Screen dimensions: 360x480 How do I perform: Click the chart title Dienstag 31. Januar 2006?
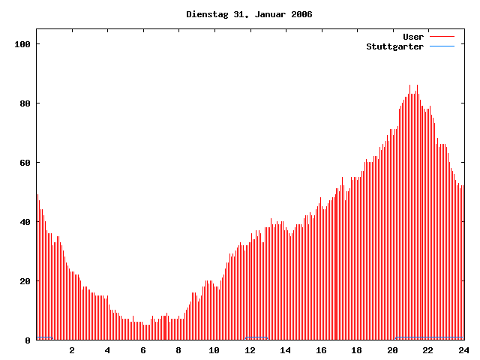click(x=249, y=14)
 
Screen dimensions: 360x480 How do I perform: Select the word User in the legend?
click(x=413, y=37)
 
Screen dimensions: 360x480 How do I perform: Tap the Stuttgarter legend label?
click(x=394, y=46)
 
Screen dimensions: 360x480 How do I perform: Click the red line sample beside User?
click(x=442, y=37)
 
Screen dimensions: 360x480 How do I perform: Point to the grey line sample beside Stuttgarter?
click(x=442, y=46)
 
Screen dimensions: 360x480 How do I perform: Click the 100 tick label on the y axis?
click(x=22, y=44)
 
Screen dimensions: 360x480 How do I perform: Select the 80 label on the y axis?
click(x=24, y=103)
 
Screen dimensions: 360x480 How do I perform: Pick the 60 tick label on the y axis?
click(x=24, y=163)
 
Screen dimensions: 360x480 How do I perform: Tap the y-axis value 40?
click(x=24, y=222)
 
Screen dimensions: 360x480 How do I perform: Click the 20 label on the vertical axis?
click(x=24, y=281)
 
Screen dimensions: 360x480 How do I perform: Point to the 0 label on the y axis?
click(x=27, y=340)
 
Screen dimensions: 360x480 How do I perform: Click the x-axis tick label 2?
click(x=72, y=350)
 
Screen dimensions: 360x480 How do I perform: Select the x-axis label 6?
click(x=143, y=350)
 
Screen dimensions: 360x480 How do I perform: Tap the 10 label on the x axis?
click(x=214, y=350)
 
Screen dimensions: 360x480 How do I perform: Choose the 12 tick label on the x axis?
click(x=250, y=350)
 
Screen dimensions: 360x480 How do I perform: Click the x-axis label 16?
click(x=321, y=350)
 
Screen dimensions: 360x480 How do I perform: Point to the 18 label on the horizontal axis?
click(x=356, y=350)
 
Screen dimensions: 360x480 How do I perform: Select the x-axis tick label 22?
click(x=427, y=350)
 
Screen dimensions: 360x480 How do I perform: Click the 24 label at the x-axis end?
click(x=463, y=350)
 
